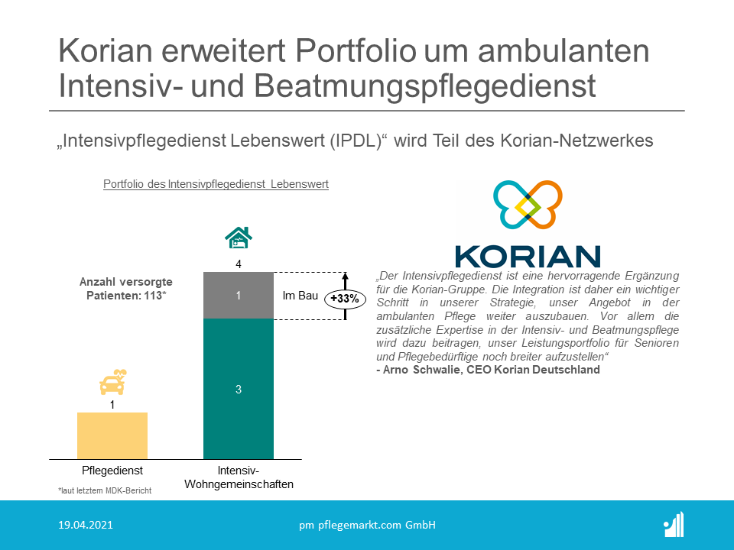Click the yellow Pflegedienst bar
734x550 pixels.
tap(112, 435)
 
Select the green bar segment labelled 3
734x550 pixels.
tap(239, 390)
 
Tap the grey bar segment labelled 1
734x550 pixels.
tap(239, 295)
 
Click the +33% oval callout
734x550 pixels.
tap(345, 298)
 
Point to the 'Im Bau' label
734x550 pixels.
tap(300, 295)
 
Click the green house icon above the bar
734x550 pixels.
tap(239, 238)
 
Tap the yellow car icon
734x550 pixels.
tap(112, 383)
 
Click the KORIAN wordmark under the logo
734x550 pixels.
tap(528, 256)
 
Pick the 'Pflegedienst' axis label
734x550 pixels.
tap(112, 471)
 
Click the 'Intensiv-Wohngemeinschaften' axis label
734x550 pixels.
tap(239, 477)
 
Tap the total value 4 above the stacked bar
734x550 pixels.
tap(239, 264)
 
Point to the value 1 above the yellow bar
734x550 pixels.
tap(112, 405)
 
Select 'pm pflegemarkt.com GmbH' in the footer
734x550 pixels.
tap(367, 525)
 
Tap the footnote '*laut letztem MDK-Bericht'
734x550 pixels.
tap(105, 490)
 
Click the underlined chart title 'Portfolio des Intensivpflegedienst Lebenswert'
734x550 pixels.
tap(216, 184)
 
